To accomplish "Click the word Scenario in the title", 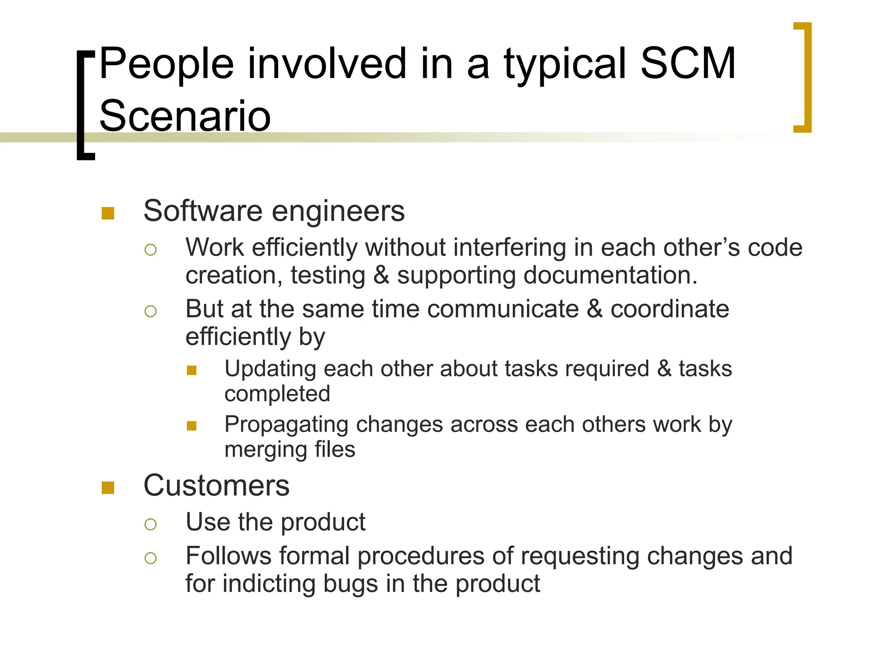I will coord(185,116).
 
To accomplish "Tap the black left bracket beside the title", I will coord(81,105).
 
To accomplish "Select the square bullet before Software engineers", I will coord(108,213).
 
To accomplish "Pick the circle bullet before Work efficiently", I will coord(150,250).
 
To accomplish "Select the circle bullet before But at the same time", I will coord(150,311).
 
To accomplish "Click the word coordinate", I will coord(669,309).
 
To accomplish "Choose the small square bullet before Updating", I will coord(192,370).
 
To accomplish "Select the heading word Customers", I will coord(216,486).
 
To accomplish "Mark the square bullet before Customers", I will coord(108,488).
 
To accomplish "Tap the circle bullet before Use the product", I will coord(150,524).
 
